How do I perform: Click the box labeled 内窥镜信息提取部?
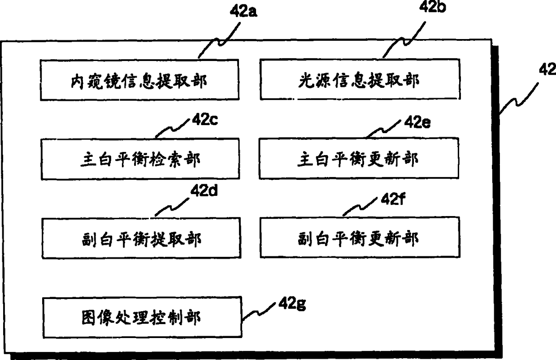point(139,80)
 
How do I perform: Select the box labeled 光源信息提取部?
point(360,80)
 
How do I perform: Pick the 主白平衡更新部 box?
point(359,159)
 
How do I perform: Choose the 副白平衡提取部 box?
point(140,238)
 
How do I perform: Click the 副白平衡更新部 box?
point(360,238)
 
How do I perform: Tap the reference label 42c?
point(205,120)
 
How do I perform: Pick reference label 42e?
point(417,122)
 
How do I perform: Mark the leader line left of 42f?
point(362,207)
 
